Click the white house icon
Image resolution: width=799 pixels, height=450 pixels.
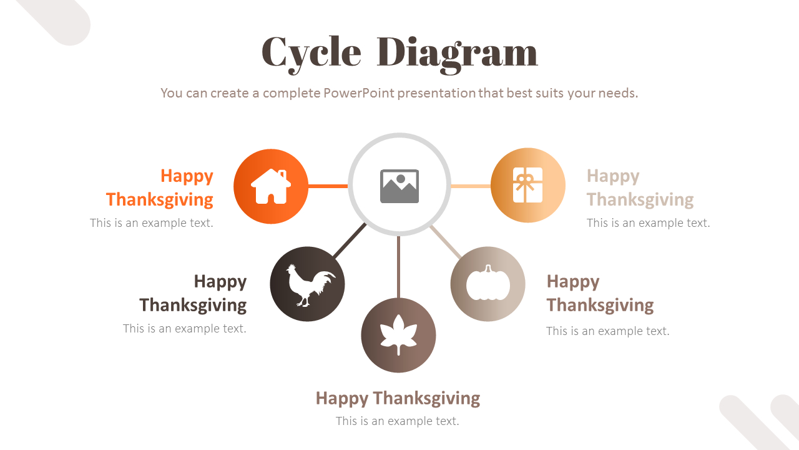(x=271, y=186)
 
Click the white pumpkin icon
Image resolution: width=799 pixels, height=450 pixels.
(x=488, y=284)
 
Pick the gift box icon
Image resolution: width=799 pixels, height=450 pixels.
(x=527, y=185)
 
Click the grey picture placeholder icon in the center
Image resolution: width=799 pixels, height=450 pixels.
(x=399, y=186)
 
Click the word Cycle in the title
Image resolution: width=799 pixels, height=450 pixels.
(x=311, y=52)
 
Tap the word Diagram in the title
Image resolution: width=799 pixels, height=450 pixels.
(x=457, y=52)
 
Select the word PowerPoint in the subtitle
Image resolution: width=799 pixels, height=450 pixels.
(x=359, y=93)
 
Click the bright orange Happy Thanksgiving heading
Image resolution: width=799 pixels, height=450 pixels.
(x=160, y=187)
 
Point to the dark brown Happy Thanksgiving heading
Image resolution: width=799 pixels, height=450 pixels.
(x=194, y=293)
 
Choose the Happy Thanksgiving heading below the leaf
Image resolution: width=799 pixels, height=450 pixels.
(x=398, y=398)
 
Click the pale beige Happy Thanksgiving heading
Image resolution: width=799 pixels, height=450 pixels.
(x=640, y=187)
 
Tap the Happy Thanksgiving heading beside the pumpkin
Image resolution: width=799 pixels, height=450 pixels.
(x=600, y=293)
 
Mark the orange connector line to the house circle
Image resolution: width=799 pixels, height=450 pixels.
(x=328, y=186)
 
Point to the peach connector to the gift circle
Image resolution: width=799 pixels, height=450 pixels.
(x=471, y=186)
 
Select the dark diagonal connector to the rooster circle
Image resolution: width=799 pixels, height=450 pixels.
(x=350, y=240)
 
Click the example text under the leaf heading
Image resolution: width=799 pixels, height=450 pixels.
(x=398, y=421)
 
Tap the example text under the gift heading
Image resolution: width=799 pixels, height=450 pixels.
(x=648, y=223)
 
